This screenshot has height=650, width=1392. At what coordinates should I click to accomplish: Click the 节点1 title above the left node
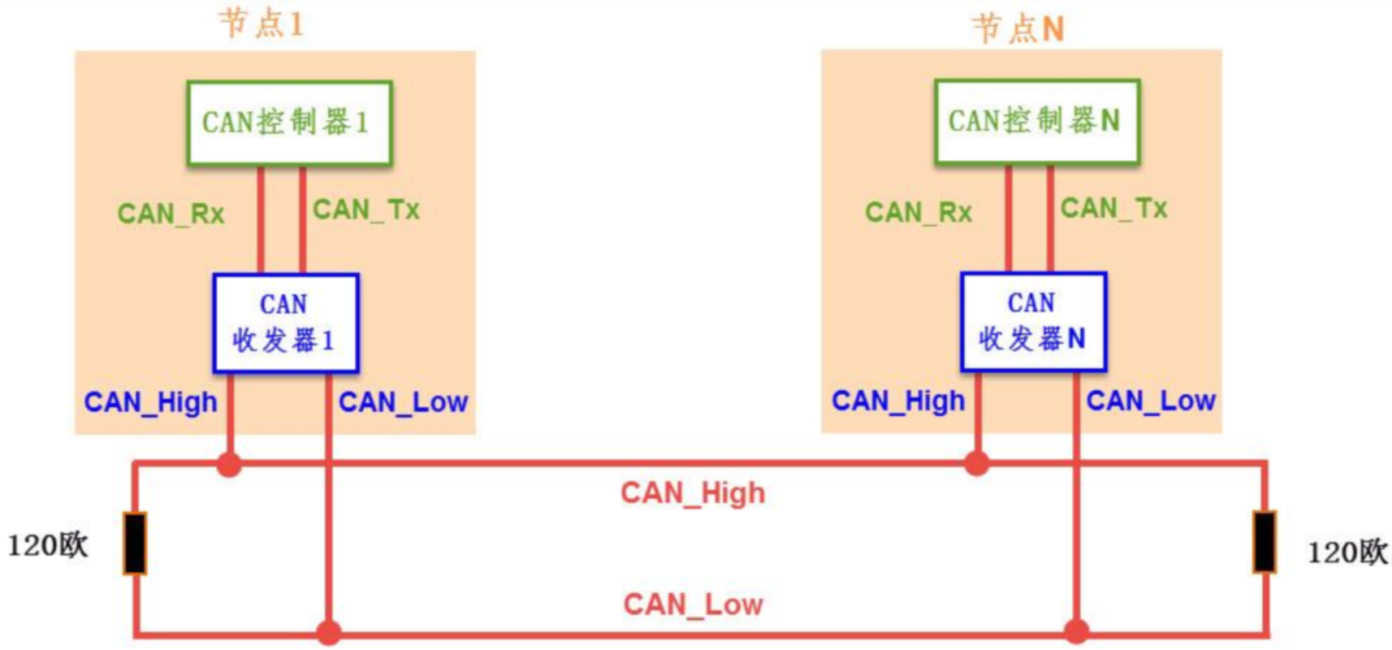tap(262, 24)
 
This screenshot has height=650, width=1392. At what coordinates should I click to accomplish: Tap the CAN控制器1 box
tap(289, 123)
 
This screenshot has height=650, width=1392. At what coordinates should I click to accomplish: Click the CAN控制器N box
tap(1036, 122)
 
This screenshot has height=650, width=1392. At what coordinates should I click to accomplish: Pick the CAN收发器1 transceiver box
tap(285, 323)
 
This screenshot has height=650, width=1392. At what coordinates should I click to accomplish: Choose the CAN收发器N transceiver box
tap(1033, 322)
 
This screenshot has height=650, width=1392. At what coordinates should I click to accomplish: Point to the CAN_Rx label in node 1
tap(171, 214)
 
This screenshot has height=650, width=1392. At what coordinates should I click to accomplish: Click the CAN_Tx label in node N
tap(1113, 209)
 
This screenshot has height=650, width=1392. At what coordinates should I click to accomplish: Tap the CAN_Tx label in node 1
tap(366, 210)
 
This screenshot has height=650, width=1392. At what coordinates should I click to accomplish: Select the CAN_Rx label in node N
tap(919, 213)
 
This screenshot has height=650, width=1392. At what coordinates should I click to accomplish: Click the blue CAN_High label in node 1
tap(151, 402)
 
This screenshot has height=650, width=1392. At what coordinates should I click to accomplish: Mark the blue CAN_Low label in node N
tap(1150, 401)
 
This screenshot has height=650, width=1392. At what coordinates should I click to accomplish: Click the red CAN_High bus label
tap(693, 493)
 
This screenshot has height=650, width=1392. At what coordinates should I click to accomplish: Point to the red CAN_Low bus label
tap(693, 604)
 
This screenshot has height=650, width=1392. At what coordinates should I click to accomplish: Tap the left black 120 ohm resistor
tap(135, 543)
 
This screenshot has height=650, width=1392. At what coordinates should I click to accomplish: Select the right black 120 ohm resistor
tap(1264, 541)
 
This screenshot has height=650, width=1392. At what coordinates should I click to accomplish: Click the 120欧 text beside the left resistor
tap(48, 545)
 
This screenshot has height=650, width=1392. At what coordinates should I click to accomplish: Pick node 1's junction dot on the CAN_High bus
tap(230, 465)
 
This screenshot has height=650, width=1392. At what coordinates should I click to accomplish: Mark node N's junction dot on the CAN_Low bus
tap(1076, 631)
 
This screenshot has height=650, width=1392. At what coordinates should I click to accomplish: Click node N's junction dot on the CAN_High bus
tap(977, 464)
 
